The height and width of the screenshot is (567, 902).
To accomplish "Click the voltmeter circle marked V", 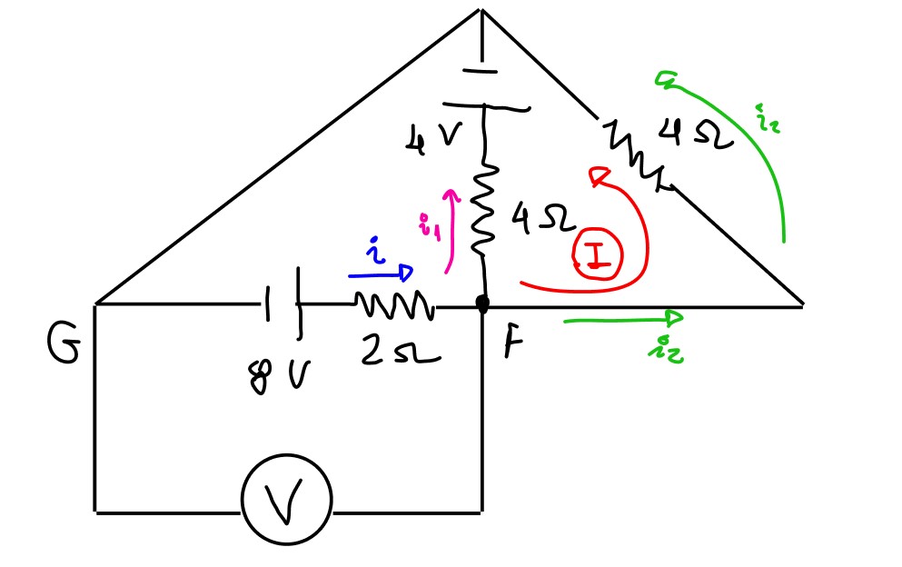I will click(x=286, y=499).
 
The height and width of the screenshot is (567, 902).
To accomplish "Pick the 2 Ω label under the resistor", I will click(x=400, y=351).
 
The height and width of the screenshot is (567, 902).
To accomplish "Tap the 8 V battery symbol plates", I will click(x=282, y=305).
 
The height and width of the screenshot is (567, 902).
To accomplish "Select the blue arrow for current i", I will click(x=380, y=274).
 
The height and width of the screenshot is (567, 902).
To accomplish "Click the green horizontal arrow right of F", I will click(x=623, y=318).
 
